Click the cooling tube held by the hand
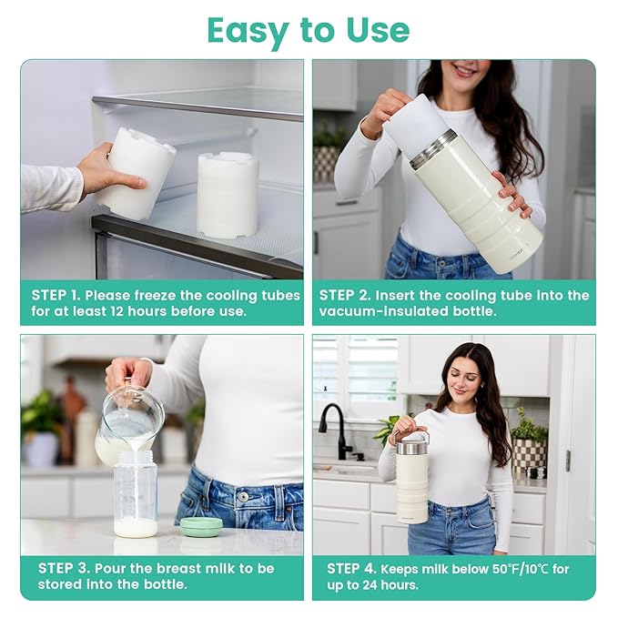[137, 172]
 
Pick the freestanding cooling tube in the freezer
[228, 195]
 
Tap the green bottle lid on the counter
[200, 526]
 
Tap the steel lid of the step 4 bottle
[411, 446]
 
